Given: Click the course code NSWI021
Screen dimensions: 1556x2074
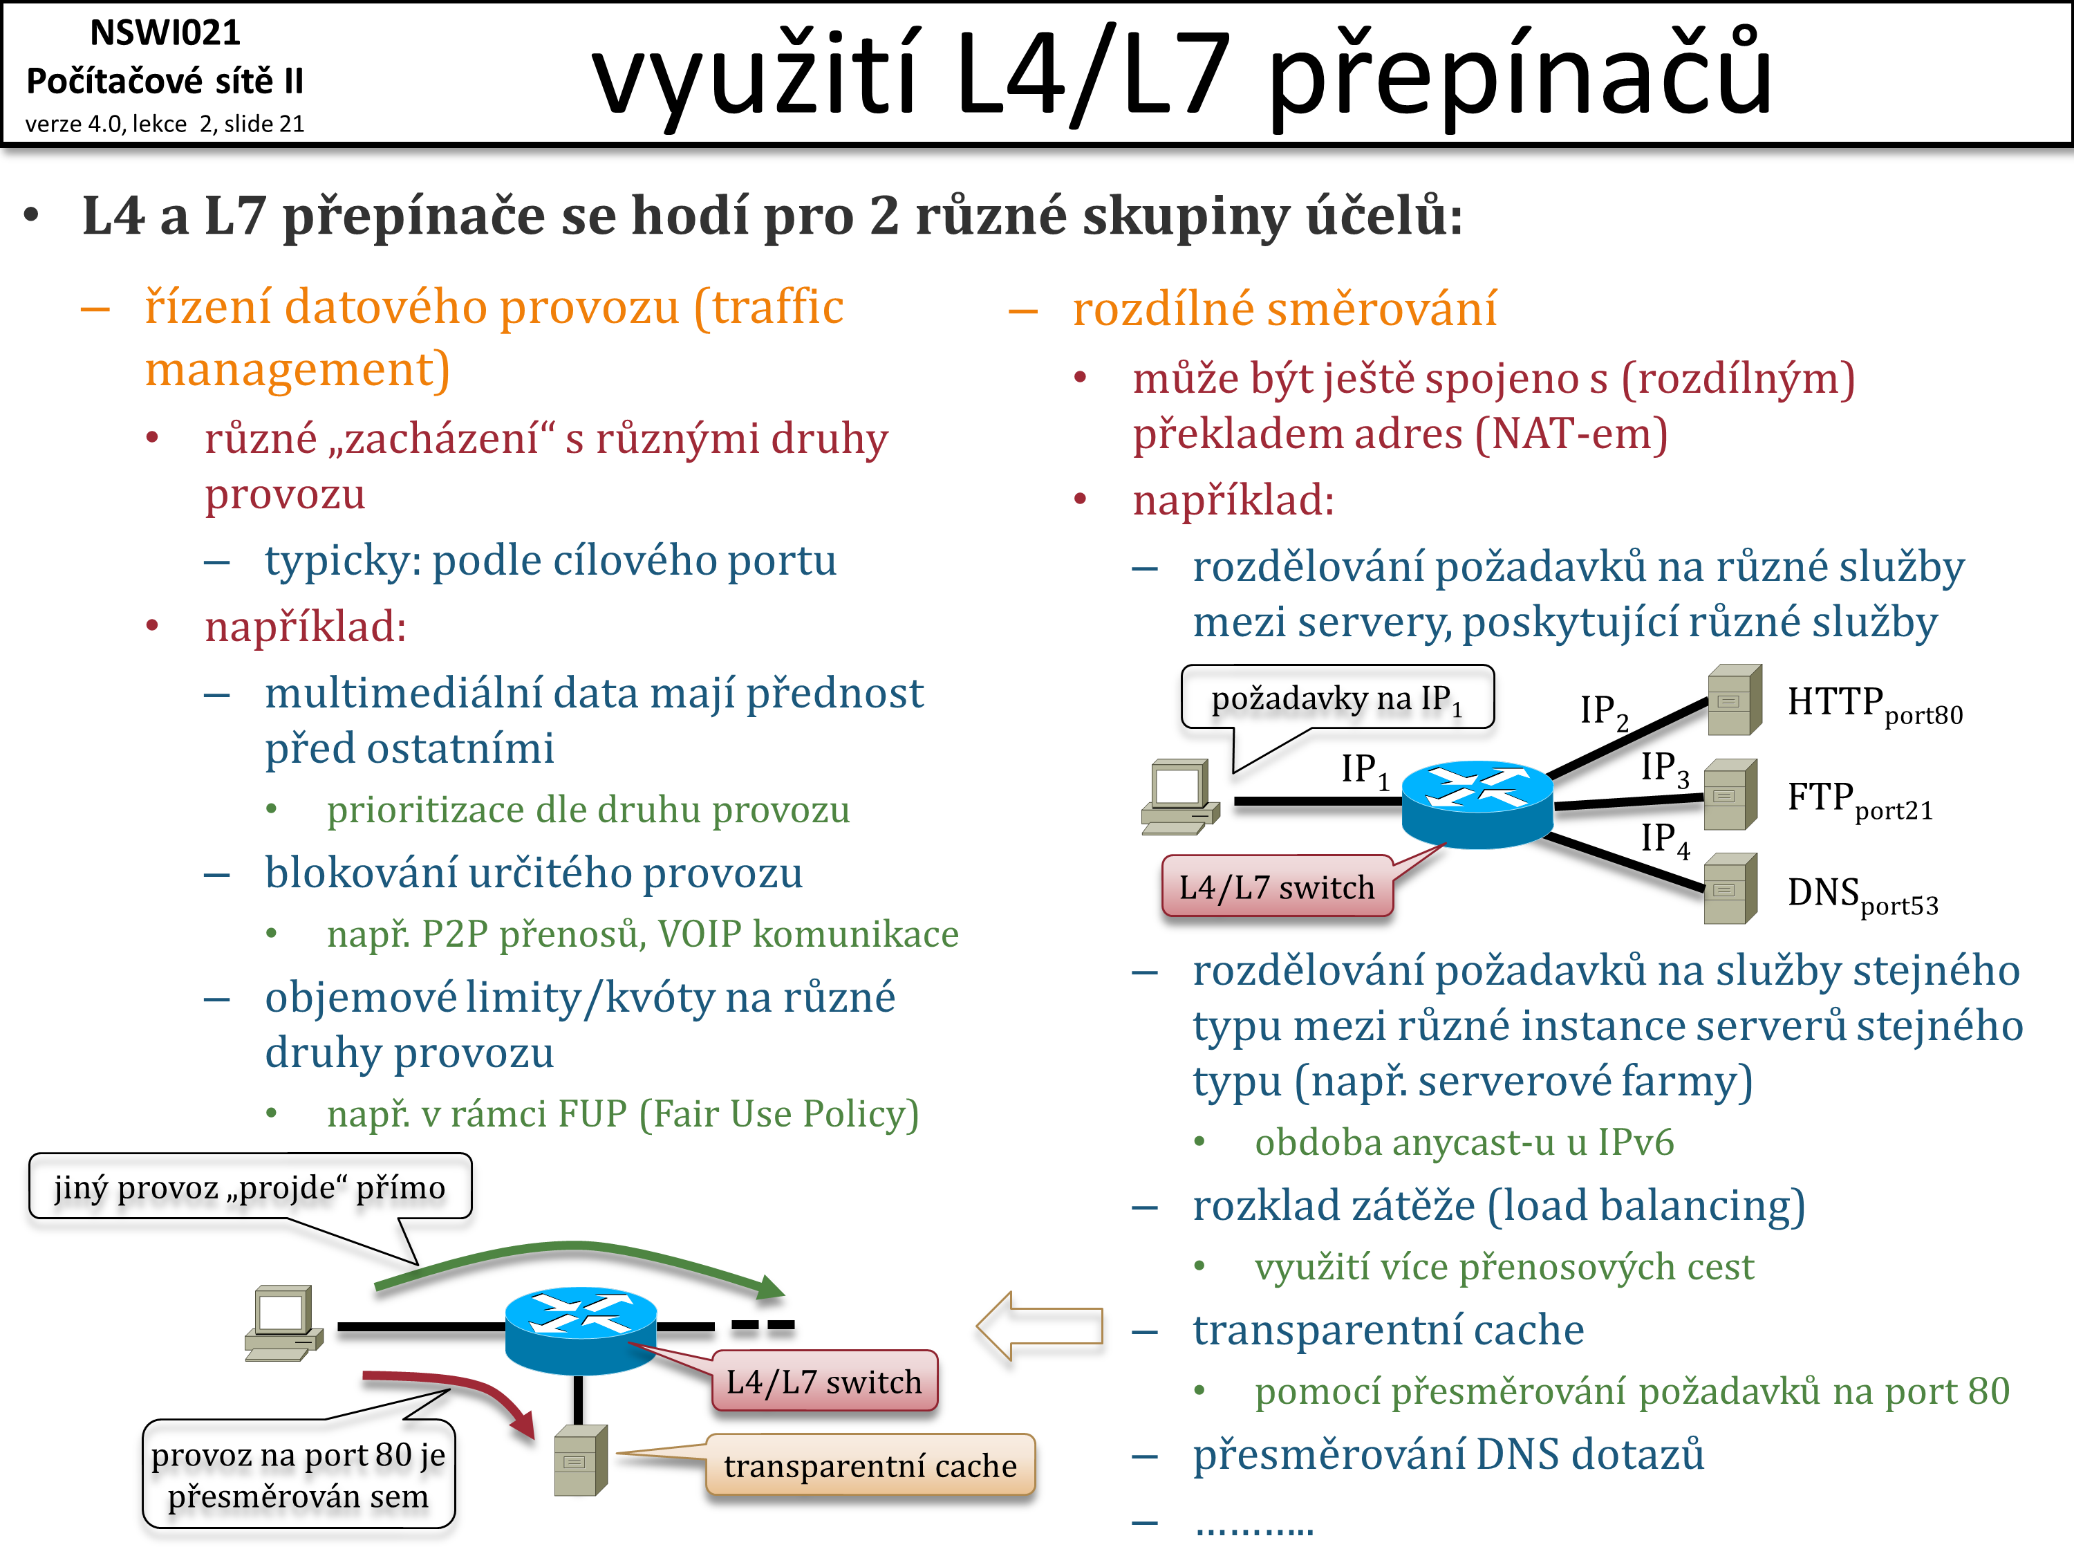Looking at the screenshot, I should coord(165,33).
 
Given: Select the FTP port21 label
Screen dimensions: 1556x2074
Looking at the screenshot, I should coord(1859,800).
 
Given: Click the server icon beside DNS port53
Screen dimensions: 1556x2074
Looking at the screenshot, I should coord(1729,889).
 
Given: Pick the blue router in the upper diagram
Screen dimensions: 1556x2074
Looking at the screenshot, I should coord(1477,803).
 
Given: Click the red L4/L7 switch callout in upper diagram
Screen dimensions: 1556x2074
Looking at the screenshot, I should coord(1276,887).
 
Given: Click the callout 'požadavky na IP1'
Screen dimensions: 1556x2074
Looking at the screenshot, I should coord(1337,698).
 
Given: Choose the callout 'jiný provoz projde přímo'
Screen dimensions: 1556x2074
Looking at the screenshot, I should coord(250,1187).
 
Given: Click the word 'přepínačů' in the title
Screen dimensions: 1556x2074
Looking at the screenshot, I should coord(1519,75).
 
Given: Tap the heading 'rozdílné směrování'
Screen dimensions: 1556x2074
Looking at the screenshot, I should coord(1284,308).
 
